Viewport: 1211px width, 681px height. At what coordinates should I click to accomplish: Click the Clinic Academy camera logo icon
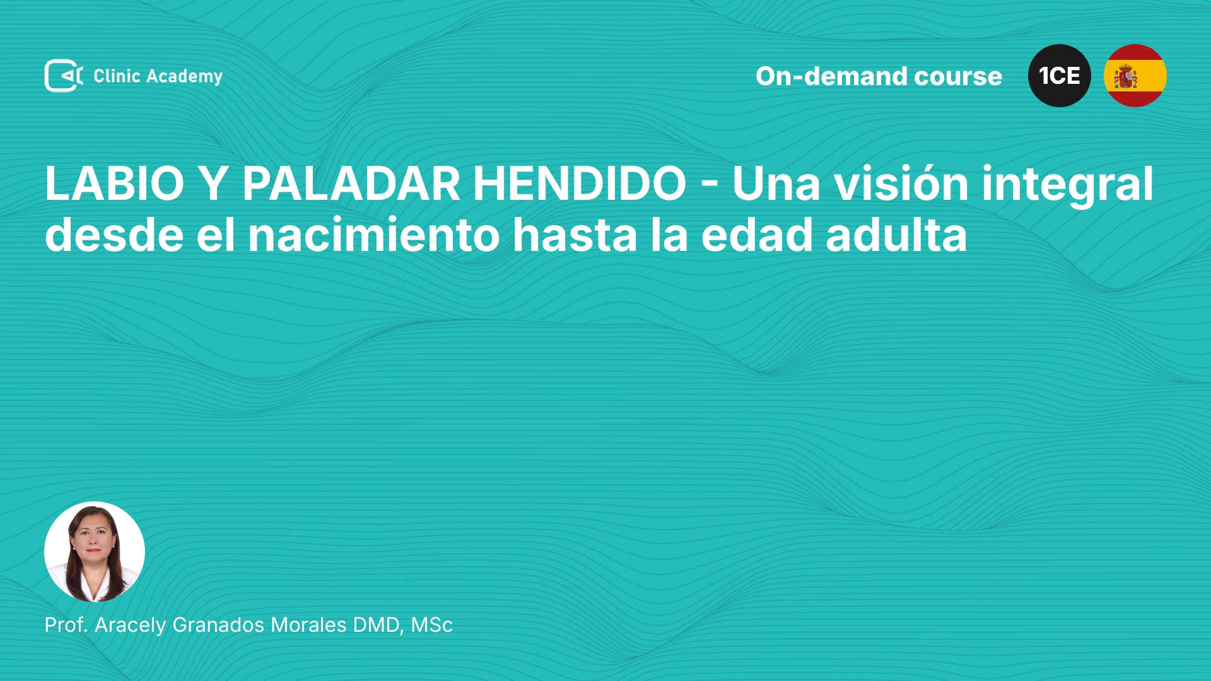pyautogui.click(x=64, y=76)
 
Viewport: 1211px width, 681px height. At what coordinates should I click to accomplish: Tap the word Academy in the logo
pyautogui.click(x=184, y=77)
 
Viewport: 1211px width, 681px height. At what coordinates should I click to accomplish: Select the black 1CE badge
pyautogui.click(x=1060, y=76)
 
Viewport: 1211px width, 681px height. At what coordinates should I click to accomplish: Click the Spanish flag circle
pyautogui.click(x=1135, y=76)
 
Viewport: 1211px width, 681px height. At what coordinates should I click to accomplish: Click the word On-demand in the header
pyautogui.click(x=831, y=76)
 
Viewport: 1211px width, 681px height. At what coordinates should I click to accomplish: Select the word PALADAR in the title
pyautogui.click(x=351, y=183)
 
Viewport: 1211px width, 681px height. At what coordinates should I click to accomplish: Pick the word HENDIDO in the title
pyautogui.click(x=580, y=183)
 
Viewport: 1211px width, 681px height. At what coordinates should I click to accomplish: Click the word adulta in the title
pyautogui.click(x=896, y=235)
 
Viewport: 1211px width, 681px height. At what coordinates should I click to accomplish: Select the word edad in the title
pyautogui.click(x=757, y=235)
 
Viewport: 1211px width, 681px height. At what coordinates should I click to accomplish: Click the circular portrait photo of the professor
pyautogui.click(x=95, y=552)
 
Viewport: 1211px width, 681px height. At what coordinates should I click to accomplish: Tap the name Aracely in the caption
pyautogui.click(x=131, y=626)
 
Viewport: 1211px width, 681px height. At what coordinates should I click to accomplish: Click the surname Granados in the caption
pyautogui.click(x=218, y=625)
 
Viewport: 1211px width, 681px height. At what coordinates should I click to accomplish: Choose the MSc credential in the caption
pyautogui.click(x=432, y=625)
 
